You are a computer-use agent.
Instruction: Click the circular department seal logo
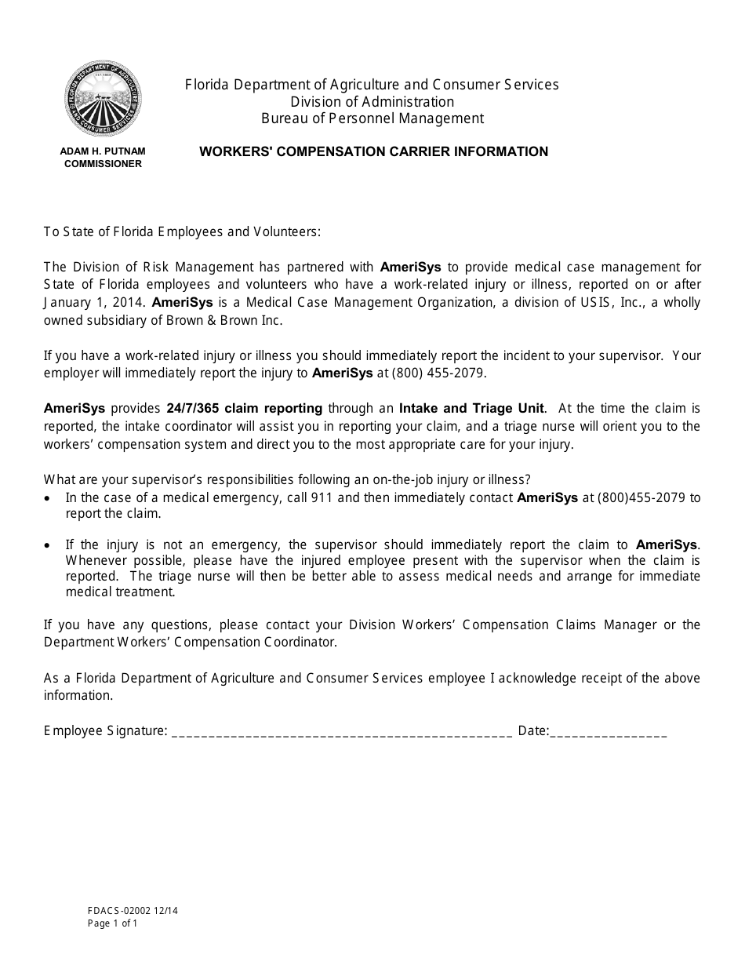(x=104, y=100)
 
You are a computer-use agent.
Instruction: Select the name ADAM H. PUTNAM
(x=104, y=151)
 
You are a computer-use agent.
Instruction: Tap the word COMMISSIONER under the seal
(x=104, y=164)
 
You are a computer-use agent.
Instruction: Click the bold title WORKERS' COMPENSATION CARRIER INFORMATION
(x=373, y=151)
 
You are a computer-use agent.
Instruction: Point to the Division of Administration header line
(x=372, y=102)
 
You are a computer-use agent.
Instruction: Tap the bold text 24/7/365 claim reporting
(x=244, y=408)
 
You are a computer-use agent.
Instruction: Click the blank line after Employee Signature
(x=341, y=732)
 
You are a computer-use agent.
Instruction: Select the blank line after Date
(x=609, y=732)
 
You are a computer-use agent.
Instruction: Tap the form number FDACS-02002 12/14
(x=127, y=911)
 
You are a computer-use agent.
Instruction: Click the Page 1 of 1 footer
(x=113, y=923)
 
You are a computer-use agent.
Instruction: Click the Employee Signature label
(x=105, y=731)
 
